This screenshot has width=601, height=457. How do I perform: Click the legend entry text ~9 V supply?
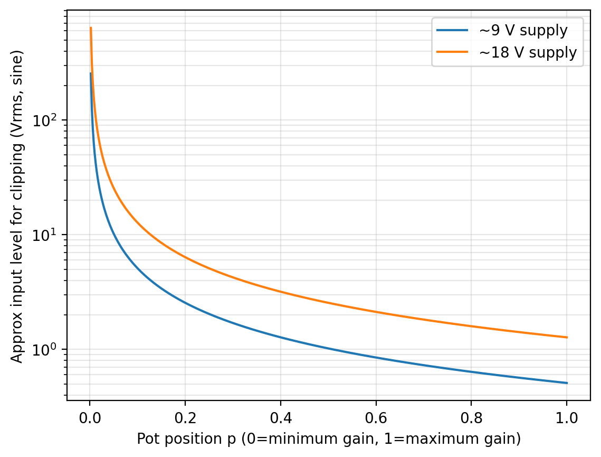pos(523,31)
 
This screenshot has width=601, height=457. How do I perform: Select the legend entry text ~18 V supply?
pos(527,52)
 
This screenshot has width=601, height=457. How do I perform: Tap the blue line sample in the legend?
pos(452,31)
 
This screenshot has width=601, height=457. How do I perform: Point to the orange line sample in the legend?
pos(452,52)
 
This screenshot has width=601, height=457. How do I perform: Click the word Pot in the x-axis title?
pos(146,439)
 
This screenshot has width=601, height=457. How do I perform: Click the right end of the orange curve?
pos(567,337)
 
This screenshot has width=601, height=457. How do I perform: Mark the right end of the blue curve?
pos(567,383)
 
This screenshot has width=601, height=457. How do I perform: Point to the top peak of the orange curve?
pos(91,28)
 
